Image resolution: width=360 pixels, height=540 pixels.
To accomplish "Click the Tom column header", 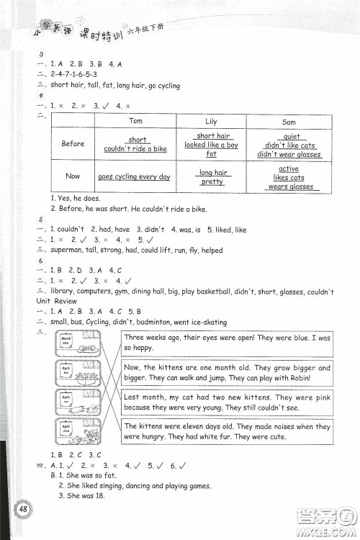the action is (137, 121).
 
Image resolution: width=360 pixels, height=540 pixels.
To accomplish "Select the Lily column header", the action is (211, 122).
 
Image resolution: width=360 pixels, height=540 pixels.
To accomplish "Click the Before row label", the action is (73, 144).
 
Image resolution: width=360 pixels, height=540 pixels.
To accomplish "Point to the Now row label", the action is (73, 176).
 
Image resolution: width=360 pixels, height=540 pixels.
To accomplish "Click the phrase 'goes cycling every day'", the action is (134, 176).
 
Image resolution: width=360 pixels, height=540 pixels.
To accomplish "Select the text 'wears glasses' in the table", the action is (291, 186).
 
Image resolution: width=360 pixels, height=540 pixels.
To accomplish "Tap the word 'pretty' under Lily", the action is (212, 181).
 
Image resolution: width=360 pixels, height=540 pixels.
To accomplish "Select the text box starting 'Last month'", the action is (228, 401).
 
